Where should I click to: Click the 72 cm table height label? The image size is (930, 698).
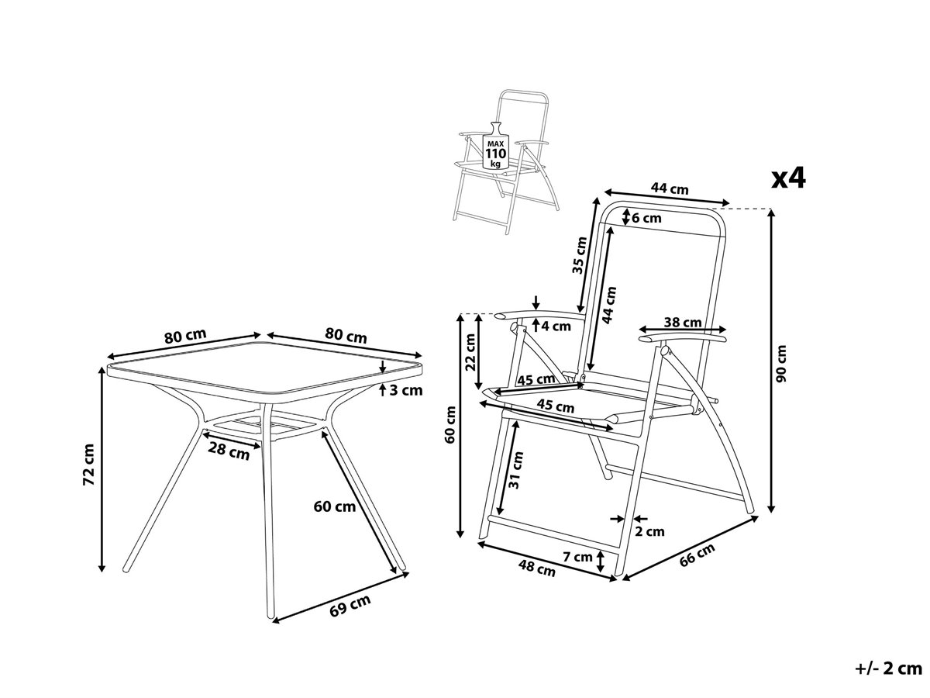pos(89,465)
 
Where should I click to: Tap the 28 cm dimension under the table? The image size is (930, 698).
pos(229,452)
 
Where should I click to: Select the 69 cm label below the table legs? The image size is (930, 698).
pos(350,606)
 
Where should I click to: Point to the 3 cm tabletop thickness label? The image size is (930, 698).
pos(406,390)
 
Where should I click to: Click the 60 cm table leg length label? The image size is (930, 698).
pos(335,506)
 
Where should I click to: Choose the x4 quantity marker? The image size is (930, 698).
pos(787,178)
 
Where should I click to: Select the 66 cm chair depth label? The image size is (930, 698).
pos(697,555)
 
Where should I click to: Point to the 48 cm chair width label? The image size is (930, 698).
pos(537,568)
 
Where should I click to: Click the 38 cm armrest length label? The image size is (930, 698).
pos(683,323)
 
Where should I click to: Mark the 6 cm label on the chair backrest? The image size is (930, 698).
pos(646,218)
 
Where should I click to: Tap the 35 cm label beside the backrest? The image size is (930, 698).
pos(580,255)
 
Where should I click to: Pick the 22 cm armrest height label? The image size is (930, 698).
pos(470,352)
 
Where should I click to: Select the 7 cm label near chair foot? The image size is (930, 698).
pos(577,557)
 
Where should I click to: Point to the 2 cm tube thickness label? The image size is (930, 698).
pos(649,531)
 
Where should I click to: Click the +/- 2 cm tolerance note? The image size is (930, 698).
pos(888,669)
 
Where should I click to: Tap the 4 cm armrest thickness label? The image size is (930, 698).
pos(556,327)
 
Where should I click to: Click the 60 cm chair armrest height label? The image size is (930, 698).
pos(450,424)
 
